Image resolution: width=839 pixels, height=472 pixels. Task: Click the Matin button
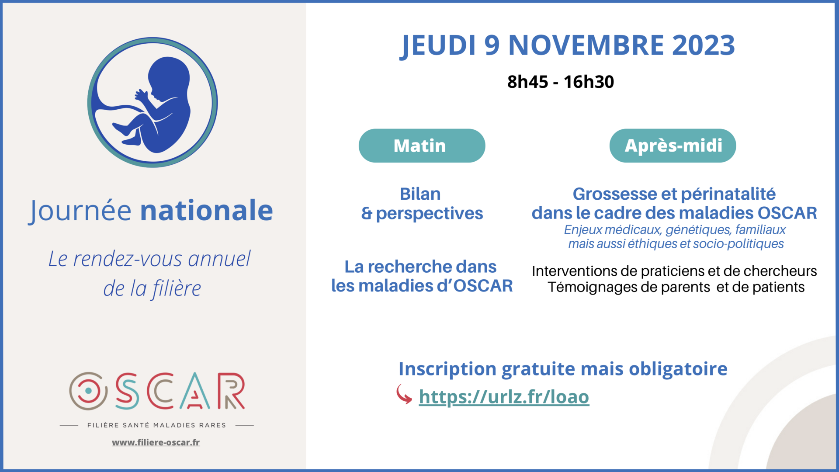pos(422,146)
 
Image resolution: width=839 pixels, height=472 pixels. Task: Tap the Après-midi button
pos(673,146)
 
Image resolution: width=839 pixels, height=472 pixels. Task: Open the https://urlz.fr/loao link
pos(504,396)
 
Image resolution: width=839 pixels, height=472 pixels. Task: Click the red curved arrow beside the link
pos(404,394)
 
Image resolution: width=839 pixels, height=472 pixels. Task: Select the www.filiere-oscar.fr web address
pos(156,442)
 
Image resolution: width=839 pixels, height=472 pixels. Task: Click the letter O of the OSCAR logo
pos(88,391)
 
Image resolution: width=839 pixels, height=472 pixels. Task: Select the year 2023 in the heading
pos(704,45)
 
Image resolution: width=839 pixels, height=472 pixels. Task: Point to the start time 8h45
pos(527,82)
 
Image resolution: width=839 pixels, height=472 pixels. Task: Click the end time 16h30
pos(589,82)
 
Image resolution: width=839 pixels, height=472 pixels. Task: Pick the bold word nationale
pos(206,210)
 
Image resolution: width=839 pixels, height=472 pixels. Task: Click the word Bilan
pos(420,194)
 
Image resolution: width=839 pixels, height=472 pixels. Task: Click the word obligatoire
pos(678,369)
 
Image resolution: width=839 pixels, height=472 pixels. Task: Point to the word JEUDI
pos(438,45)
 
